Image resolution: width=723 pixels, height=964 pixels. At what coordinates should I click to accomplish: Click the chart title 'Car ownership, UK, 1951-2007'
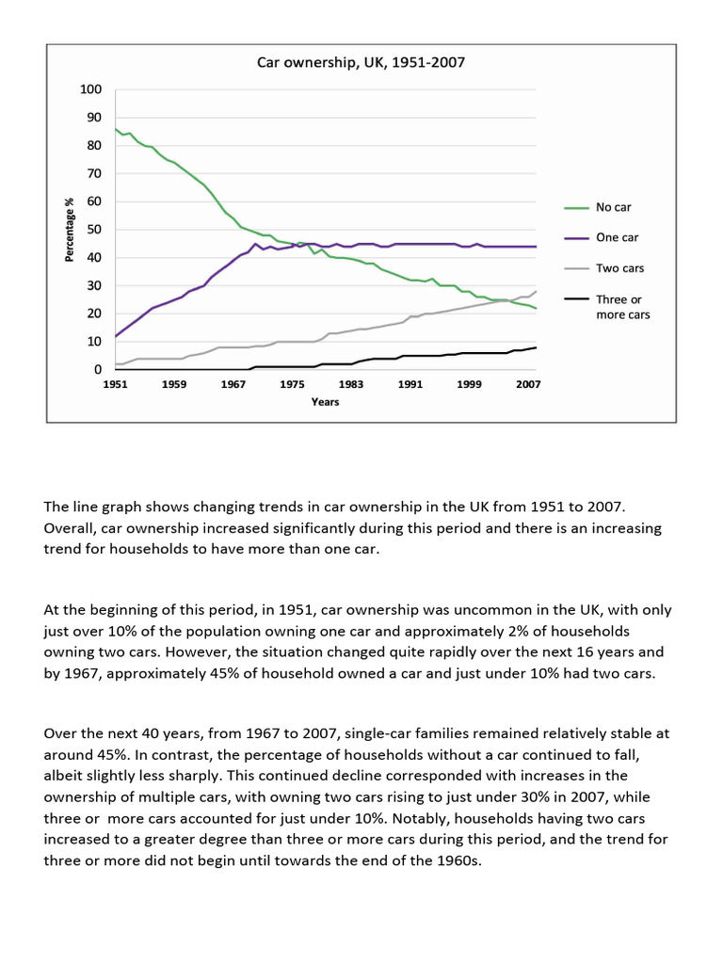[x=361, y=63]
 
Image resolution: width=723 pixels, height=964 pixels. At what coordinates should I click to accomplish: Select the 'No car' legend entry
[x=614, y=207]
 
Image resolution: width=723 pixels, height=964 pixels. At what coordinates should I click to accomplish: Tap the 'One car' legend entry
[x=617, y=237]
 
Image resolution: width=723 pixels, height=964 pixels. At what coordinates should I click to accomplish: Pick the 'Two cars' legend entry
[x=619, y=268]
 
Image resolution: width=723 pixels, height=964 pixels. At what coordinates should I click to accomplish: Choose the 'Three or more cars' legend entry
[x=622, y=307]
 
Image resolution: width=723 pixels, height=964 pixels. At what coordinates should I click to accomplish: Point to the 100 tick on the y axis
[x=91, y=90]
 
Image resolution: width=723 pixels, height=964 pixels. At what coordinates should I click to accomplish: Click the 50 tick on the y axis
[x=94, y=230]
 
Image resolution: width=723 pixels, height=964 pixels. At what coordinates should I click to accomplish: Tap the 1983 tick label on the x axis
[x=351, y=384]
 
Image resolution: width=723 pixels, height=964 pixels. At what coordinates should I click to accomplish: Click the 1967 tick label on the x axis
[x=233, y=384]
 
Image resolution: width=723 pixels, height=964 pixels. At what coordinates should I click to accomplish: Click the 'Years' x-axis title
[x=326, y=402]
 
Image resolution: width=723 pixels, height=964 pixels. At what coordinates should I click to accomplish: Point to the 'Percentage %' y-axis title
[x=70, y=230]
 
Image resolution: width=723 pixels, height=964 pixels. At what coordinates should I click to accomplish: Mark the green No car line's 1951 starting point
[x=116, y=129]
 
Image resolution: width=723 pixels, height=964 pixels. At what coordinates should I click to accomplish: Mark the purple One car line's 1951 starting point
[x=116, y=336]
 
